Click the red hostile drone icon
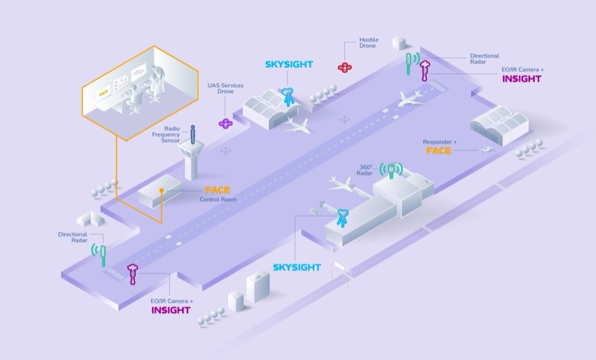pos(344,67)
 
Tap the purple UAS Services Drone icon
pos(226,123)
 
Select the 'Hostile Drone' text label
pos(370,43)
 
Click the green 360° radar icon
pos(389,169)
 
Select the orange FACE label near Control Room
pos(218,190)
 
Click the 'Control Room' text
pos(218,200)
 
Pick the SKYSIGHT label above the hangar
pos(290,65)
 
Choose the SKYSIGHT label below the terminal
pos(297,267)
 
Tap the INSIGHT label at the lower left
pos(171,309)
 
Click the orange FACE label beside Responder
pos(440,151)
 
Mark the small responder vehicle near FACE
pos(486,149)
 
